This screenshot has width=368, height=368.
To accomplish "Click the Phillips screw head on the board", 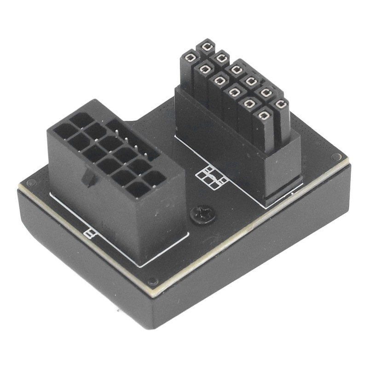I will click(202, 214).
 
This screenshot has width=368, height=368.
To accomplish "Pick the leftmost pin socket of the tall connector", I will click(190, 57).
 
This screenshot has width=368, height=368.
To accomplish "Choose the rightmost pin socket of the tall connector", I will click(280, 105).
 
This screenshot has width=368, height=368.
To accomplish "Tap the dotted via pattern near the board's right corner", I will click(322, 138).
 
